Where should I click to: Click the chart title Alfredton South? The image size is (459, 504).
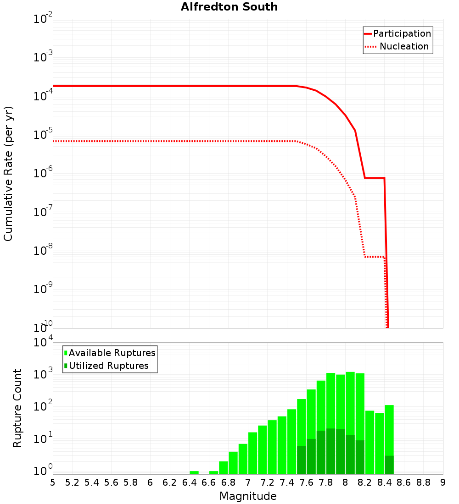(229, 7)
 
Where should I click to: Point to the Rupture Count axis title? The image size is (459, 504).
(17, 408)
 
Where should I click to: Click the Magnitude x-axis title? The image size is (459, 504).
(248, 496)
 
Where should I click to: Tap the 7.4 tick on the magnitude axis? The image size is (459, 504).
(287, 482)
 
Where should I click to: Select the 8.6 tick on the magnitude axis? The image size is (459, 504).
(404, 482)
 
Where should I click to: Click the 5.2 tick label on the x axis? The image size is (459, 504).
(73, 482)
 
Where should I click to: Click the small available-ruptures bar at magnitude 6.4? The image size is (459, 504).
(194, 472)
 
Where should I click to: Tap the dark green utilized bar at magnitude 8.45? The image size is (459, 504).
(389, 465)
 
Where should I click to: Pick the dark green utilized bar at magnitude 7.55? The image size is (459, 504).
(302, 460)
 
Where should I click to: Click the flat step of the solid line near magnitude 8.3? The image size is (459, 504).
(375, 178)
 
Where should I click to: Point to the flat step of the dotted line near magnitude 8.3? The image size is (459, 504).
(375, 257)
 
